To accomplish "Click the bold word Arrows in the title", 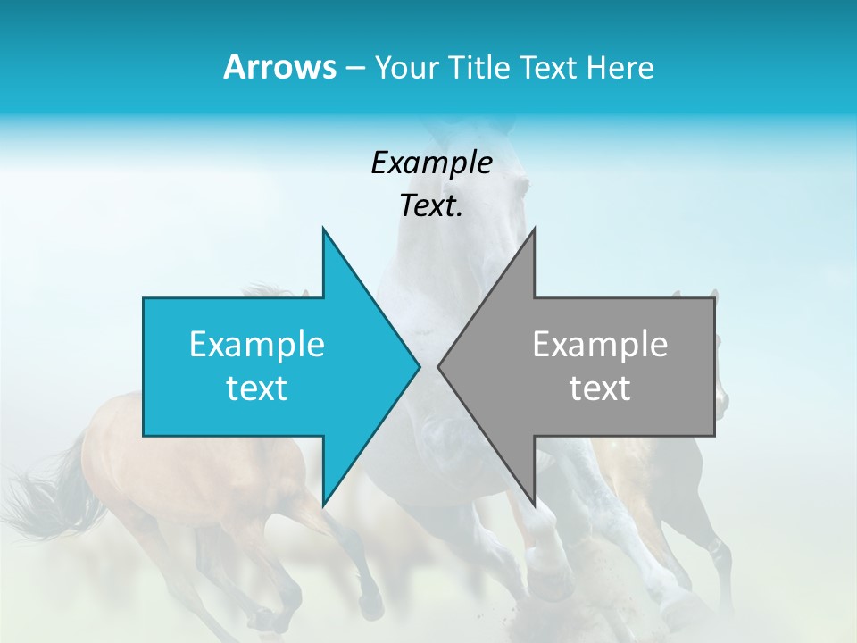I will click(279, 67).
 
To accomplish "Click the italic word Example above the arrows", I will click(431, 163).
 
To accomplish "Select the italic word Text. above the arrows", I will click(431, 206).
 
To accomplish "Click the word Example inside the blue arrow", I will click(257, 345).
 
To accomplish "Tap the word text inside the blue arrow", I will click(257, 388).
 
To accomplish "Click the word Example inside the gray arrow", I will click(600, 345).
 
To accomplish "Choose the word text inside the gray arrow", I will click(600, 388).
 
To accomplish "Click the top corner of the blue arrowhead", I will click(323, 229).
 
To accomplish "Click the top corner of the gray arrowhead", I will click(534, 229).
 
